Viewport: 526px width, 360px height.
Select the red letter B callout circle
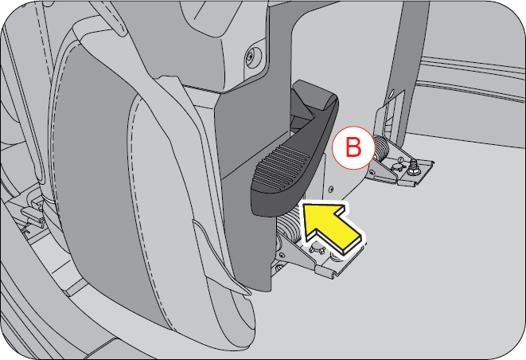(352, 146)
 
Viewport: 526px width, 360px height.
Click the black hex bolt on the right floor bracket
(415, 166)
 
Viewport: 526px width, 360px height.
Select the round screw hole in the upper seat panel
(251, 56)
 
